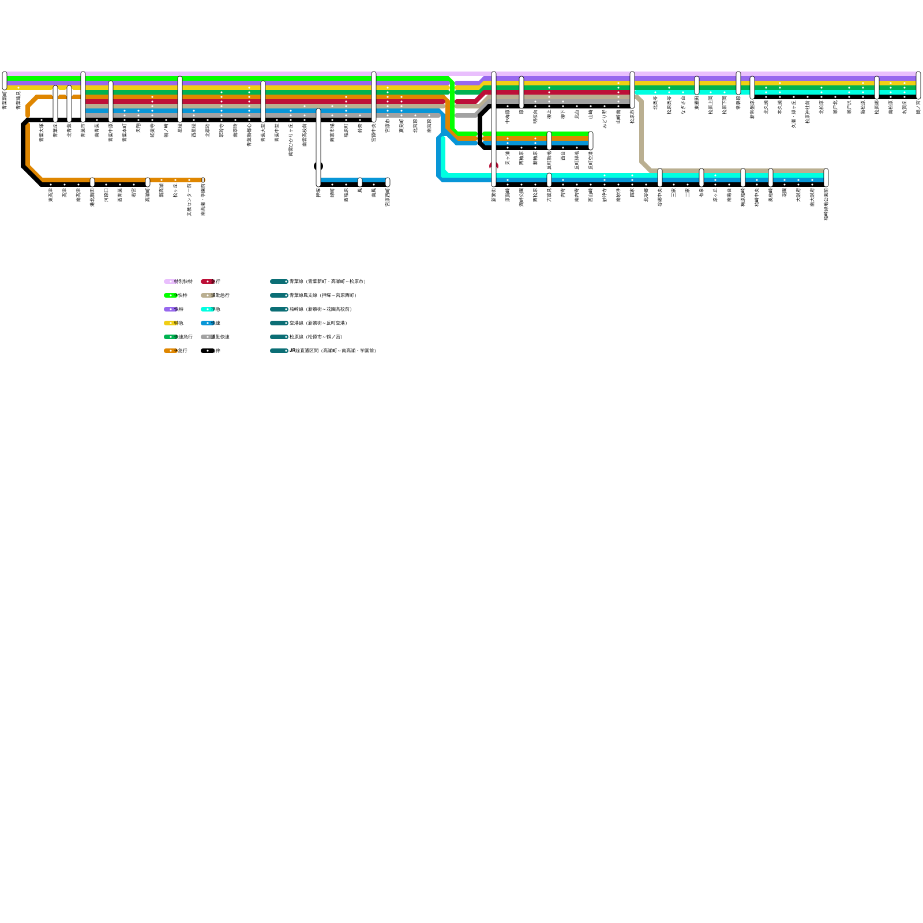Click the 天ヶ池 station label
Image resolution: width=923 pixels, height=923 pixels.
[508, 157]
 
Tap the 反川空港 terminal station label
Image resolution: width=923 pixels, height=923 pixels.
[591, 160]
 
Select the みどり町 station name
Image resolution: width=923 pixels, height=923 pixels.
[605, 118]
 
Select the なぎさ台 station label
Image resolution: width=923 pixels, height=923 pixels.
[683, 105]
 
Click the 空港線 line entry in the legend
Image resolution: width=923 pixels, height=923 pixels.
[317, 323]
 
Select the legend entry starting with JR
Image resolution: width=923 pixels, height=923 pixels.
[332, 351]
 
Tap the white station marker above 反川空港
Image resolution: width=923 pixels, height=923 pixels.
[591, 140]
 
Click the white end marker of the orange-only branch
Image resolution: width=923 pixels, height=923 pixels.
[203, 180]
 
